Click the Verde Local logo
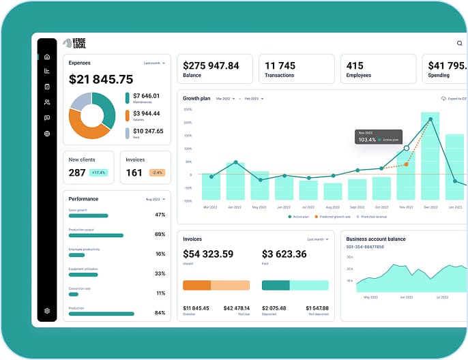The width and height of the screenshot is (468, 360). coord(74,43)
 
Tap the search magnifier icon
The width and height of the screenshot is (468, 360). coord(459,44)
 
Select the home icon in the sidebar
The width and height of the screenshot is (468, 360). coord(47,57)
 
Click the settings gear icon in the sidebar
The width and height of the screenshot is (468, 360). coord(47,311)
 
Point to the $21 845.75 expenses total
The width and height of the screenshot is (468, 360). coord(101,80)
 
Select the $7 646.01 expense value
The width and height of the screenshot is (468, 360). coord(146,96)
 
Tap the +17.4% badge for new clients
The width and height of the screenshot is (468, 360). coord(99,173)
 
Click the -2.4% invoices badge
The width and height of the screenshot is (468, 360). coord(157,173)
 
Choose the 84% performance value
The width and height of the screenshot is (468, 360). coord(160,313)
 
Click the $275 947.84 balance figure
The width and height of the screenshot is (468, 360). coord(211,66)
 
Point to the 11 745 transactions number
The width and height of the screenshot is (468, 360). coord(280,66)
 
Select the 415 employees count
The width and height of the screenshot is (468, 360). coord(355,66)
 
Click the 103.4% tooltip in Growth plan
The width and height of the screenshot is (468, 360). coord(378,136)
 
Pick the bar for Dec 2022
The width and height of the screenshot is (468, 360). coord(430,157)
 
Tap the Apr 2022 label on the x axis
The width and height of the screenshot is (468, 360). coord(235,207)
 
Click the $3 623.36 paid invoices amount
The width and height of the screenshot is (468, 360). coord(284,254)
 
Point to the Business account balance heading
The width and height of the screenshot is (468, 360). coord(376,239)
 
